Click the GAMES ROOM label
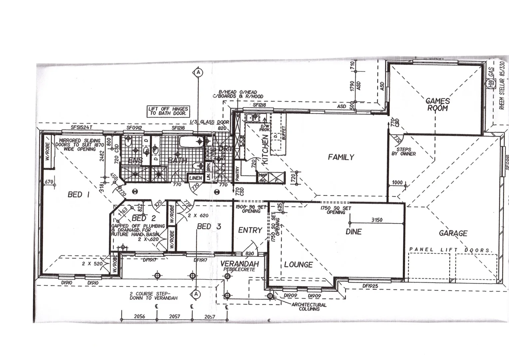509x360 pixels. coord(438,104)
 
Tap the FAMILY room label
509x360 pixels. coord(341,157)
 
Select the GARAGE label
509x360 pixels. coord(453,233)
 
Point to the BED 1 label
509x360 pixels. coord(78,194)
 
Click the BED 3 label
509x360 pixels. coord(209,227)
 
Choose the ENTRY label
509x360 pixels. coord(250,230)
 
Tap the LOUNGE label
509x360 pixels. coord(298,265)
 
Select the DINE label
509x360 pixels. coord(353,232)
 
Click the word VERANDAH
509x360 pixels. coord(240,264)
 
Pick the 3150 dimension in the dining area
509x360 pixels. coord(376,220)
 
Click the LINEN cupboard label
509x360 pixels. coord(196,178)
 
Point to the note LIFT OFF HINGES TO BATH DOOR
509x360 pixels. coord(168,111)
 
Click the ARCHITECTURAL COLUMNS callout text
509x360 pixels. coord(309,307)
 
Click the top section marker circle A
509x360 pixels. coord(198,72)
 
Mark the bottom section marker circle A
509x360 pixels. coord(196,294)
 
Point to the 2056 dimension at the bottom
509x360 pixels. coord(139,316)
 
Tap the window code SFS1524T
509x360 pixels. coord(81,127)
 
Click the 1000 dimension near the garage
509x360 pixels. coord(397,182)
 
